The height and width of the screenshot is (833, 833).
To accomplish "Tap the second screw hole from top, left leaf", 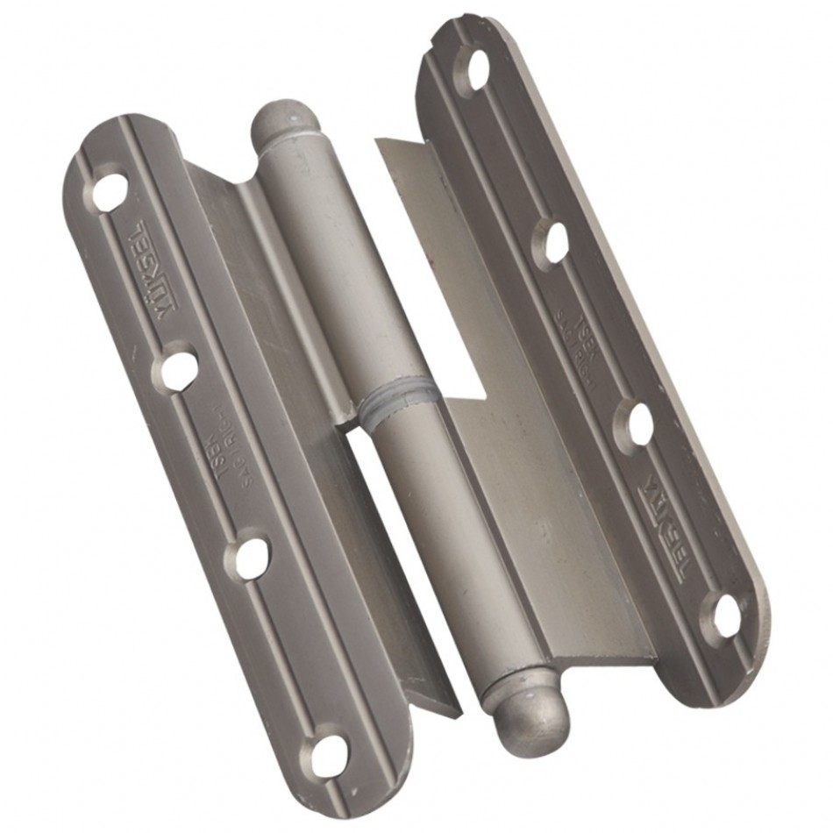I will click(179, 369).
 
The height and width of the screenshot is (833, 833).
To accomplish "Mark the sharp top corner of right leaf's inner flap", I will click(379, 139).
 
